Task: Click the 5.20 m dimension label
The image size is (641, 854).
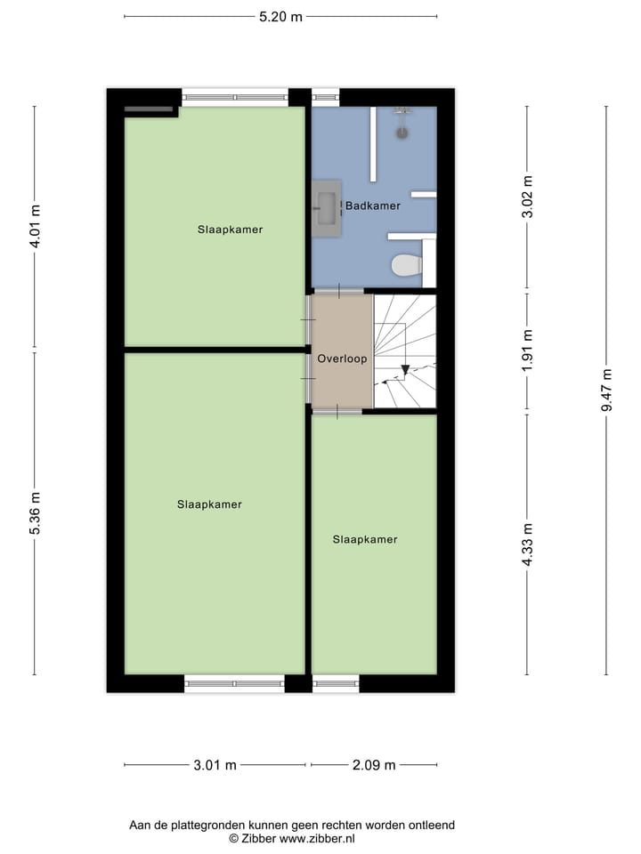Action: pyautogui.click(x=280, y=16)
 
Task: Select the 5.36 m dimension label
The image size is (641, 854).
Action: pyautogui.click(x=36, y=513)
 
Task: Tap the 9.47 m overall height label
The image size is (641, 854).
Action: pyautogui.click(x=606, y=390)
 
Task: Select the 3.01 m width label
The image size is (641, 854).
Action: pyautogui.click(x=214, y=764)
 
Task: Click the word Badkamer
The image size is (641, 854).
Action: pyautogui.click(x=373, y=205)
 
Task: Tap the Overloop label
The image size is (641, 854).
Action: pyautogui.click(x=342, y=359)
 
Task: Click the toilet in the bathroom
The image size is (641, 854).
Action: pyautogui.click(x=407, y=265)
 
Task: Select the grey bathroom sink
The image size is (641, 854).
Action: pyautogui.click(x=326, y=209)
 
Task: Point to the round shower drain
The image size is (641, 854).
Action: pyautogui.click(x=402, y=133)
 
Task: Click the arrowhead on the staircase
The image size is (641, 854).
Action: pyautogui.click(x=405, y=368)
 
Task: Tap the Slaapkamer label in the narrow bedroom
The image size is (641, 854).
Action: pyautogui.click(x=365, y=539)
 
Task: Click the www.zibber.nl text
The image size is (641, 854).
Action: pyautogui.click(x=318, y=838)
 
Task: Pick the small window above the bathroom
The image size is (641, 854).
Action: pyautogui.click(x=325, y=98)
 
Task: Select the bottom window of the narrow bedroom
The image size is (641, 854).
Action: pyautogui.click(x=336, y=683)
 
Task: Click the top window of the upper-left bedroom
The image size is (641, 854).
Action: pyautogui.click(x=235, y=98)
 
